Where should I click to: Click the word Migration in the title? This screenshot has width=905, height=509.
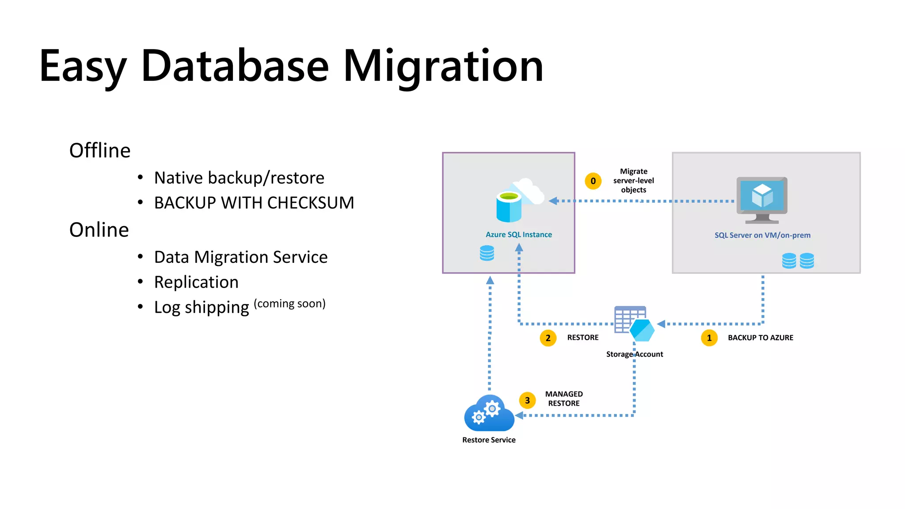click(x=443, y=66)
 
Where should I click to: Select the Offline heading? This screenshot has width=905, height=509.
click(x=100, y=151)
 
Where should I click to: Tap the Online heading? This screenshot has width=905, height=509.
click(x=99, y=230)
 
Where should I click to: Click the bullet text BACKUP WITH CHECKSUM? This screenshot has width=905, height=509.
click(x=254, y=203)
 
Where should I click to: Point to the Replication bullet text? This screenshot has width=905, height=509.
click(x=196, y=282)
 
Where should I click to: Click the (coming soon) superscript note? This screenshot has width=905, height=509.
click(x=289, y=304)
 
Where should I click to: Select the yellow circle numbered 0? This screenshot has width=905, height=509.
click(x=593, y=181)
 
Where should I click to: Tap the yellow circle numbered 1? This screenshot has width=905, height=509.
click(x=709, y=338)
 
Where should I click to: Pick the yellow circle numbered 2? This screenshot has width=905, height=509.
click(x=548, y=338)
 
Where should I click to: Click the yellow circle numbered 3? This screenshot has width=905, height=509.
click(x=527, y=400)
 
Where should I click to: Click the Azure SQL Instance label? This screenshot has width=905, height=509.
click(x=518, y=235)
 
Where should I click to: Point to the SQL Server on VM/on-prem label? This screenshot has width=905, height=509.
click(x=762, y=235)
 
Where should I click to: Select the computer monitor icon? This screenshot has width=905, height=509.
click(x=762, y=200)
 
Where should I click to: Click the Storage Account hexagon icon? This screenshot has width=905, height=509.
click(x=641, y=330)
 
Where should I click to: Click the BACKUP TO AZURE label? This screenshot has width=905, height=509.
click(x=760, y=338)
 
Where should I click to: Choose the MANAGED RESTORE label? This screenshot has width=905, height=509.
click(x=564, y=399)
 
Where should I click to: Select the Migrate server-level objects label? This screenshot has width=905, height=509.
click(x=633, y=181)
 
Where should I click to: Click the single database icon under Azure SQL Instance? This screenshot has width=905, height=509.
click(x=487, y=253)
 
